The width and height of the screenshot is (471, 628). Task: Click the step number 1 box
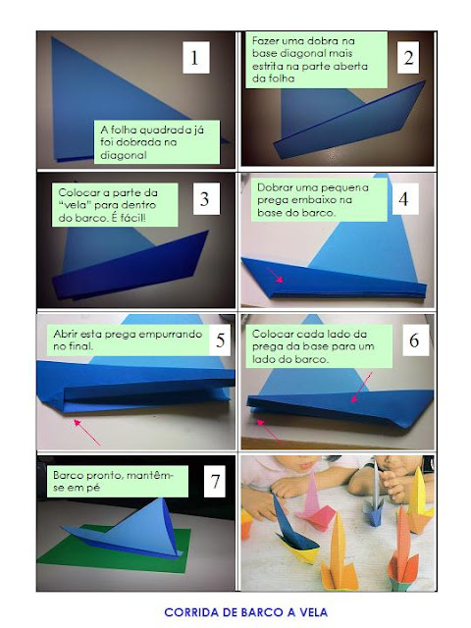pyautogui.click(x=196, y=57)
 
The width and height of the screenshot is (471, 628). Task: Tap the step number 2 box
pyautogui.click(x=408, y=57)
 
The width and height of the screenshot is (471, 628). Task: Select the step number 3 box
pyautogui.click(x=206, y=198)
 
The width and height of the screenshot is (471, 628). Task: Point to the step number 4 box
pyautogui.click(x=403, y=198)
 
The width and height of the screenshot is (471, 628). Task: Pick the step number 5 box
pyautogui.click(x=220, y=340)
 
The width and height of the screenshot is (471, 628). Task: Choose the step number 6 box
pyautogui.click(x=414, y=340)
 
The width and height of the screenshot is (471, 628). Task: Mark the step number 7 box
pyautogui.click(x=215, y=481)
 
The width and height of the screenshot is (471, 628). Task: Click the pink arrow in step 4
pyautogui.click(x=275, y=276)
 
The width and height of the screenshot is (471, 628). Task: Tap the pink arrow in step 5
pyautogui.click(x=87, y=432)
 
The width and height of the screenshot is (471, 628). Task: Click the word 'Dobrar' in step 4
pyautogui.click(x=273, y=187)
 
